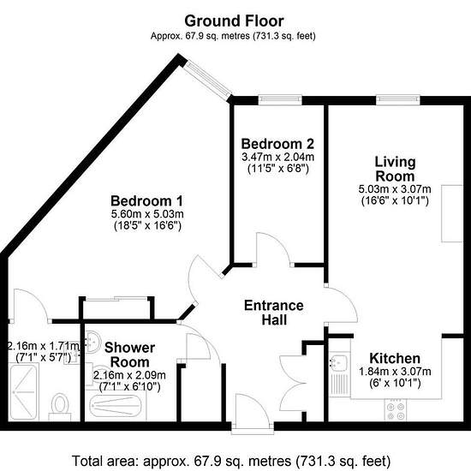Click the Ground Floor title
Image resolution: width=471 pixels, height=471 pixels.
tap(234, 21)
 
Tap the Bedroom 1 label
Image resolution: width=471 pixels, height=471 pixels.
tap(146, 201)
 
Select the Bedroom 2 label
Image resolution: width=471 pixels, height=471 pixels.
tap(277, 144)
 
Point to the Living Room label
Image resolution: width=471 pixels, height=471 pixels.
tap(395, 169)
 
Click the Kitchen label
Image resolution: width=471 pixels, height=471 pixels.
tap(395, 358)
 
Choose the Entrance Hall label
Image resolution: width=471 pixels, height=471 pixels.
tap(274, 313)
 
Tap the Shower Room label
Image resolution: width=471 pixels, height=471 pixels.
tap(130, 355)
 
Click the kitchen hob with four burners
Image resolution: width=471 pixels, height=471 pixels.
tap(396, 410)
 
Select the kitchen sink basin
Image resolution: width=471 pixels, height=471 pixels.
tap(338, 361)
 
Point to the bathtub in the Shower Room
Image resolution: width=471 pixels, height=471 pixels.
tap(116, 406)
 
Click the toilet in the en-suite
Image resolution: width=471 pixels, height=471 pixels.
tap(59, 407)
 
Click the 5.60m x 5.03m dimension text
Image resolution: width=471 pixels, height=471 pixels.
tap(147, 214)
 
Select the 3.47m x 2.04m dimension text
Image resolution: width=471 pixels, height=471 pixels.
tap(277, 157)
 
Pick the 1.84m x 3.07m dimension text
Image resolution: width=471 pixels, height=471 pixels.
tap(395, 372)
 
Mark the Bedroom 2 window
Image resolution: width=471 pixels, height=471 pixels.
tap(280, 100)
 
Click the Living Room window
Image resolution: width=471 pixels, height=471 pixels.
tap(398, 100)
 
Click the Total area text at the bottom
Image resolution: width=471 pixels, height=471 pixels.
tap(231, 461)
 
